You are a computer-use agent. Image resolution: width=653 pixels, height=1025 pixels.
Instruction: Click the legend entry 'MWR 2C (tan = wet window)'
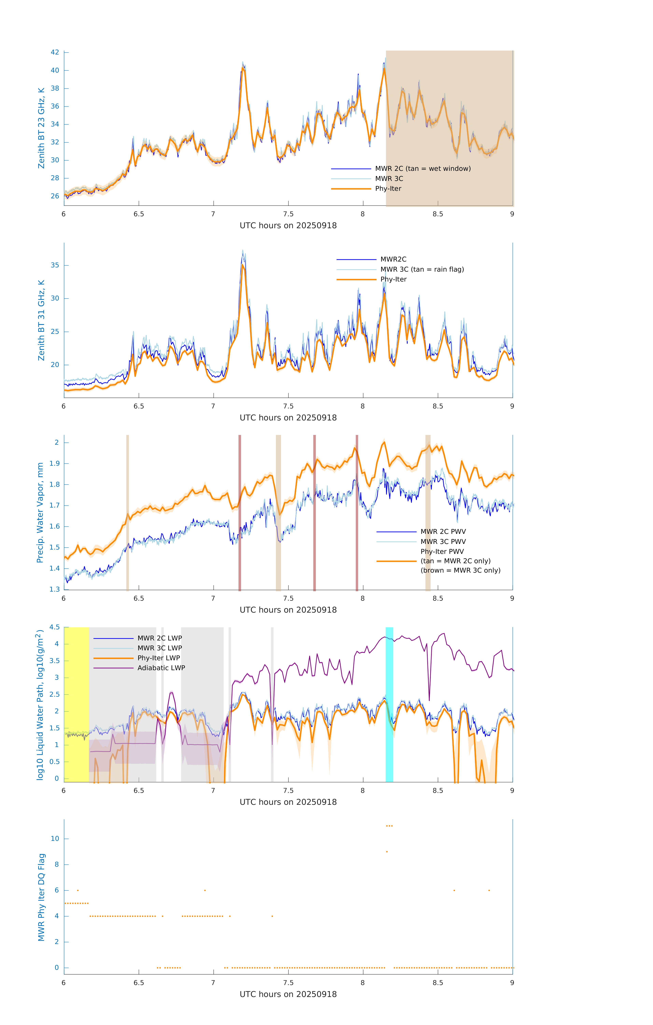[x=422, y=169]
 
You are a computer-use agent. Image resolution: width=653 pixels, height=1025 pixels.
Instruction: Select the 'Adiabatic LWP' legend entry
[x=161, y=668]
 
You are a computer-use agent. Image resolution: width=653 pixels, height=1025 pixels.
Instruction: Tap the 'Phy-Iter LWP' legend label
[x=158, y=658]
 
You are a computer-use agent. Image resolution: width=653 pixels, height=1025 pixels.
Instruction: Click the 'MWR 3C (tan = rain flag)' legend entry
[x=422, y=269]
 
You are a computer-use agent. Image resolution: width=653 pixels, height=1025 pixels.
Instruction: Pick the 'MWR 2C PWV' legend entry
[x=443, y=532]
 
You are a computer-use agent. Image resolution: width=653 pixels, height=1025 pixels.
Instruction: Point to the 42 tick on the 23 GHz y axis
[x=55, y=52]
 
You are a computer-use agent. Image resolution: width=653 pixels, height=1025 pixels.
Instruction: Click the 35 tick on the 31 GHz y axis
[x=55, y=265]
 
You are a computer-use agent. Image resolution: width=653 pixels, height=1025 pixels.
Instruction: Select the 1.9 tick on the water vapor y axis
[x=55, y=463]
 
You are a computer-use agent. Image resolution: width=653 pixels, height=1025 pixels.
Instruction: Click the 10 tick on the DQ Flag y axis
[x=55, y=839]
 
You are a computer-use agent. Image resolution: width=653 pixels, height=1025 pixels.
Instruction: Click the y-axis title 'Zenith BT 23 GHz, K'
[x=41, y=128]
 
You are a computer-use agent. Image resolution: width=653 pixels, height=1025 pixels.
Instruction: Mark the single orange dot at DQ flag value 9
[x=387, y=852]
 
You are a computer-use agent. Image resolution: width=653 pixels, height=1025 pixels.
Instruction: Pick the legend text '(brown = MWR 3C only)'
[x=460, y=570]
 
